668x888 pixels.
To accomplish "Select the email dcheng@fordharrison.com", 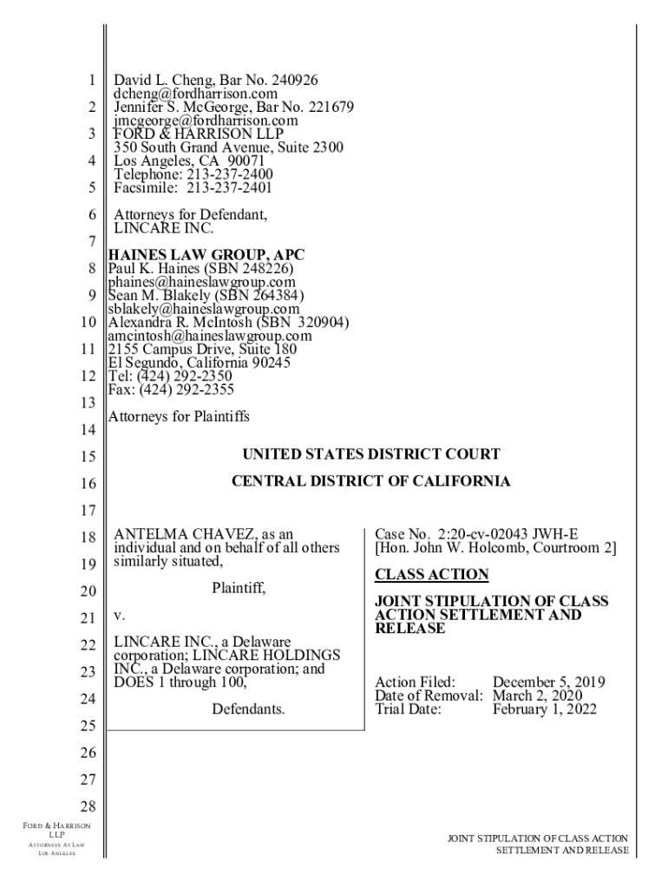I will coord(195,94).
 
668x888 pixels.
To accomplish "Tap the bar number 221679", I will coord(323,108).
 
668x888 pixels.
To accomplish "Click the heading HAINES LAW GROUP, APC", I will coord(206,254).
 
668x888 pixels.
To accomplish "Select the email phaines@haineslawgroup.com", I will coord(201,282).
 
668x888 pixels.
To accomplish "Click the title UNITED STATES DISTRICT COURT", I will coord(370,454).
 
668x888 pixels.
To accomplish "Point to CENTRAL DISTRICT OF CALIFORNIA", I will coord(370,481).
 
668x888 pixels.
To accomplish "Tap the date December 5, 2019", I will coord(549,682).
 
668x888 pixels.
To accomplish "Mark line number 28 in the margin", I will coord(87,806).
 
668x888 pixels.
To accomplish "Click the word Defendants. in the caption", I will coord(248,709).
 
